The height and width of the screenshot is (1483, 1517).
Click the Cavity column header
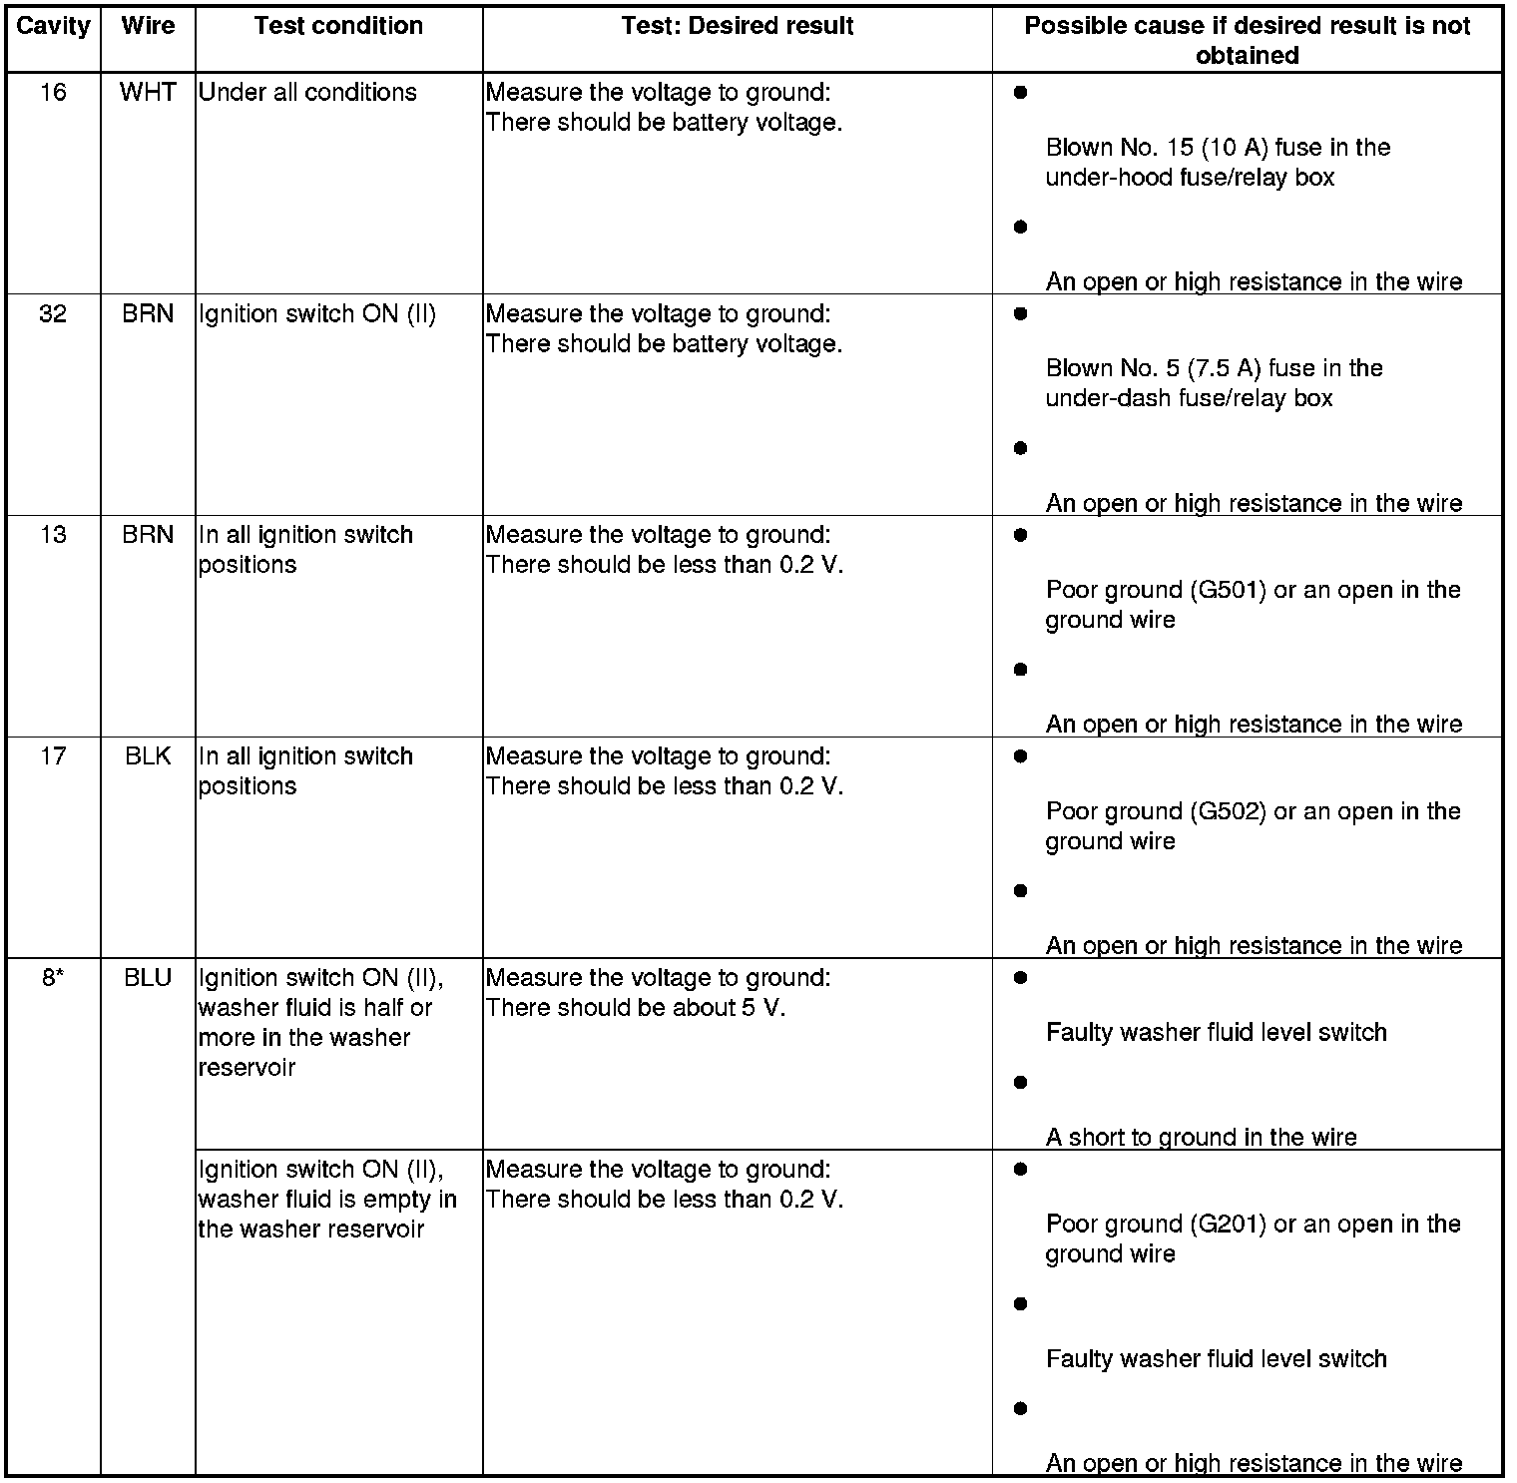(53, 26)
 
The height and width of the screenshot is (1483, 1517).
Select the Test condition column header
(338, 26)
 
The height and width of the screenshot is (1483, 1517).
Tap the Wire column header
(148, 26)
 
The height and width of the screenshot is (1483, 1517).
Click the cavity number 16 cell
(53, 93)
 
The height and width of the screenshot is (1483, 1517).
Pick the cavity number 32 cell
(53, 314)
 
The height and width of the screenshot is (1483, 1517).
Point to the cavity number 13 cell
(53, 535)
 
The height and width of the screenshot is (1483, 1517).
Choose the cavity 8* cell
(53, 978)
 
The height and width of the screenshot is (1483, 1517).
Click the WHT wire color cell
(148, 93)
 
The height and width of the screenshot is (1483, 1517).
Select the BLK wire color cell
(148, 756)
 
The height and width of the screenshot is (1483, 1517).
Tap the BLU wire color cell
(148, 978)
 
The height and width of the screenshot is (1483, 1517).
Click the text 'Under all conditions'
(307, 93)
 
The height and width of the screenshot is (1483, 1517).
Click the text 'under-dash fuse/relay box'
(1189, 398)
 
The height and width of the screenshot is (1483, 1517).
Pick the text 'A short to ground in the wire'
(1201, 1138)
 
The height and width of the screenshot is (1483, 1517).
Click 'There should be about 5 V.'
(636, 1008)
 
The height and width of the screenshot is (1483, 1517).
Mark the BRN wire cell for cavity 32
(148, 314)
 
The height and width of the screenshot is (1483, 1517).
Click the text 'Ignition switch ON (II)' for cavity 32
(317, 314)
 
